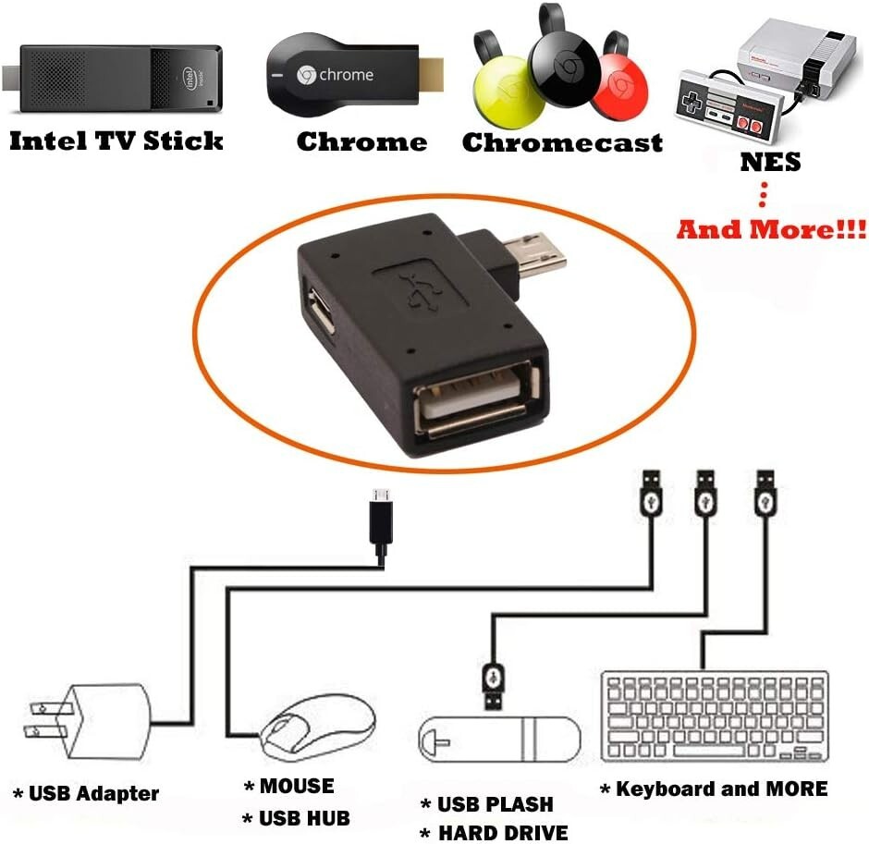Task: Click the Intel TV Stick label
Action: [x=116, y=141]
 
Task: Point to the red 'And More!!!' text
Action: [x=771, y=228]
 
